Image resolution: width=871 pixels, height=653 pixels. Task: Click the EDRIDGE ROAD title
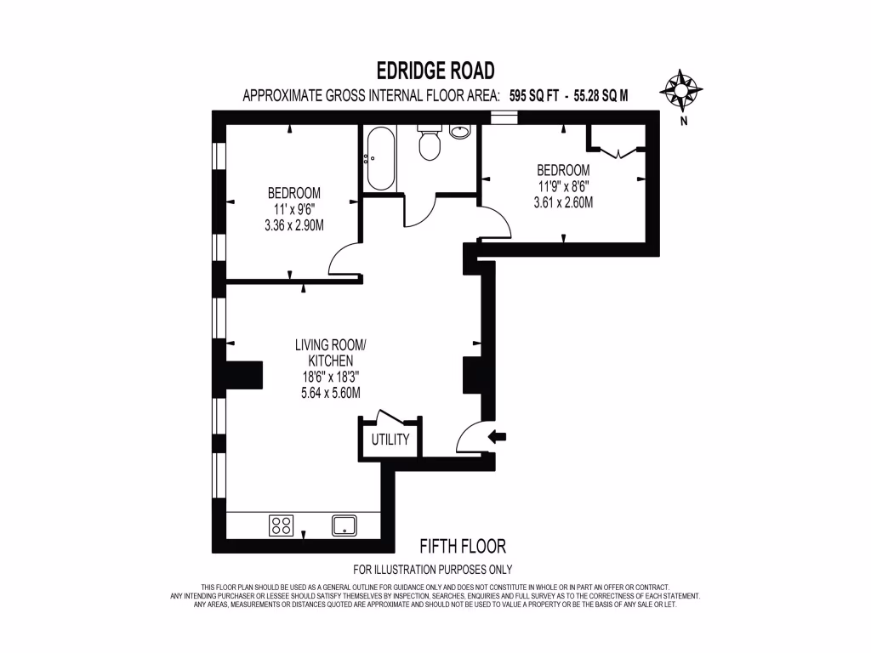click(435, 70)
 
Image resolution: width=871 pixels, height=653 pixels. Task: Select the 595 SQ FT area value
click(534, 96)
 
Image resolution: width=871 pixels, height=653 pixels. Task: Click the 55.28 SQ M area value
click(601, 96)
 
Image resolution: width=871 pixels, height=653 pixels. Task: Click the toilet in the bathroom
click(430, 144)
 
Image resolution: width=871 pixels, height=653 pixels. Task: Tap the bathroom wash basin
click(460, 132)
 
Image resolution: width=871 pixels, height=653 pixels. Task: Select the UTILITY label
click(390, 440)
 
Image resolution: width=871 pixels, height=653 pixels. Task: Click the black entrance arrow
click(497, 437)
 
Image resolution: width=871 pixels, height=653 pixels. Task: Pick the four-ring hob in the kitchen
click(282, 525)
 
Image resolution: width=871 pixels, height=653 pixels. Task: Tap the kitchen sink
click(344, 524)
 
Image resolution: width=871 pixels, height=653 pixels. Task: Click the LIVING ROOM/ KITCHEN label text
click(330, 353)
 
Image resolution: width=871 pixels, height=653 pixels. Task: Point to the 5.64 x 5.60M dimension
click(330, 393)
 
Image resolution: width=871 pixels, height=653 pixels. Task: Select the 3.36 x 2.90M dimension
click(294, 224)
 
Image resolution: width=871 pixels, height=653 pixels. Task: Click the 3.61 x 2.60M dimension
click(562, 202)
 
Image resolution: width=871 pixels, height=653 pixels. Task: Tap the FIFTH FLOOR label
click(463, 546)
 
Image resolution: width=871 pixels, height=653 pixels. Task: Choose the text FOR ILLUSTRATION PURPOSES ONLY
click(432, 570)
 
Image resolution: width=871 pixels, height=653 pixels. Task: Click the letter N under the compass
click(683, 121)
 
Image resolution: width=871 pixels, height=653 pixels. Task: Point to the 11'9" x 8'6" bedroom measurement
click(562, 186)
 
